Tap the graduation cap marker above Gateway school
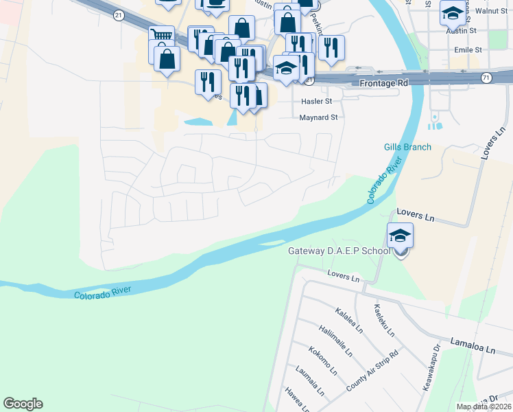tap(400, 237)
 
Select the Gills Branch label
tap(407, 147)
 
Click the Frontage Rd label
tap(383, 82)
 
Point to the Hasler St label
tap(316, 101)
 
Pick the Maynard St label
tap(319, 117)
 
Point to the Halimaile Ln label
tap(335, 339)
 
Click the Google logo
tap(23, 404)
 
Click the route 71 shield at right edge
tap(486, 78)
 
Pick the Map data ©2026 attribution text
tap(484, 407)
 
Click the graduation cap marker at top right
tap(452, 13)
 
